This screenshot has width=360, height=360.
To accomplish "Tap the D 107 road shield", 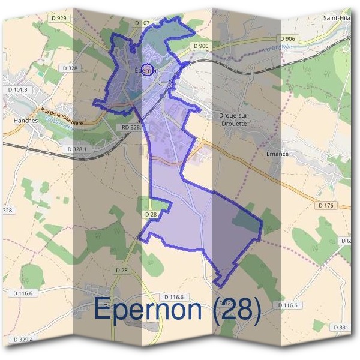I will pos(142,23).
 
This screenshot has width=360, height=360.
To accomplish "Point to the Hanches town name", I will pos(25,119).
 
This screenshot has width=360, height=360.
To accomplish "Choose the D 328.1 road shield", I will pos(78,149).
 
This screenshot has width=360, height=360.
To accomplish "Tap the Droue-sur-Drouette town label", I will pos(234,119).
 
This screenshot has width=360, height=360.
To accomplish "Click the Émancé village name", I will pos(277,154).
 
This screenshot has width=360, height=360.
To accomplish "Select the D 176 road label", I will pos(326,206).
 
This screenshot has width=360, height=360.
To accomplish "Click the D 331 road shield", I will pos(339,327).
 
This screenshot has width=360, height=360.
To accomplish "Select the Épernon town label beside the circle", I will pos(146,70).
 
